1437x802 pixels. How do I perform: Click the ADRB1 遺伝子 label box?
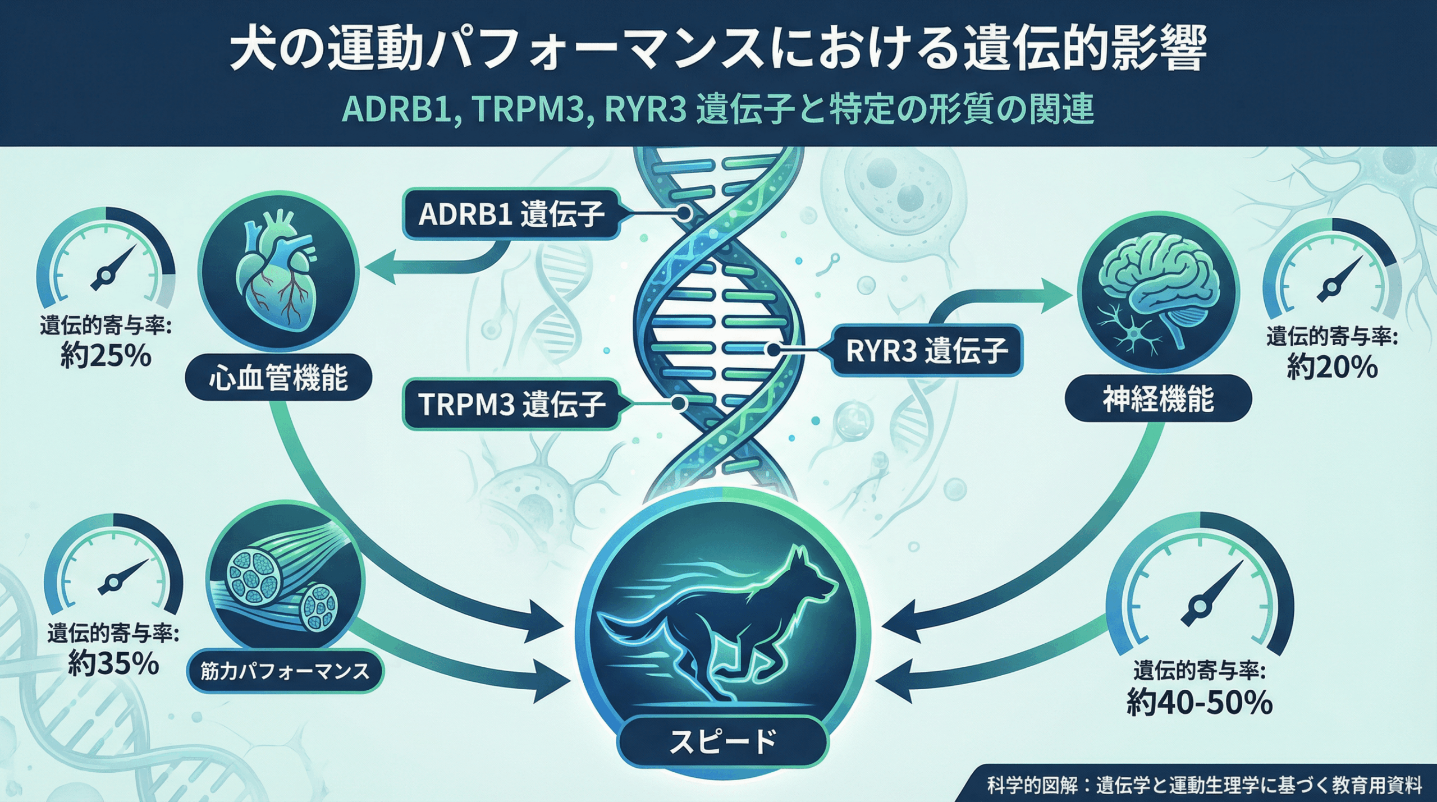coord(511,214)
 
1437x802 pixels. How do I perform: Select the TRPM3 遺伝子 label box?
coord(511,404)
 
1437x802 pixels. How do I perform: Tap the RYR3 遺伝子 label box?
coord(926,351)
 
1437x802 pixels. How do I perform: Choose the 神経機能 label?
coord(1158,399)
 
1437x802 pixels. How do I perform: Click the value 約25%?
coord(106,355)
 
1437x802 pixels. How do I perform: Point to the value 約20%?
coord(1332,368)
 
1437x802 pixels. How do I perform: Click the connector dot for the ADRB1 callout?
coord(684,213)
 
